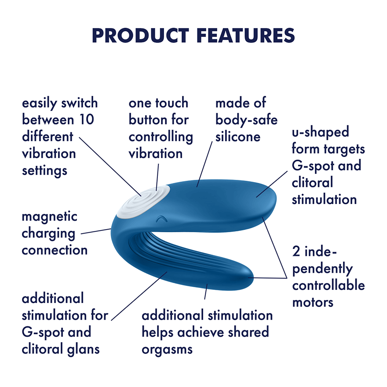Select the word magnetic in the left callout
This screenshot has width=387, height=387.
pos(50,216)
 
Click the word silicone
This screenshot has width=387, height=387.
pos(238,136)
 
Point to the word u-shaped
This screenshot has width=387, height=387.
pos(320,132)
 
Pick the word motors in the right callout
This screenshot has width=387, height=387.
pos(313,302)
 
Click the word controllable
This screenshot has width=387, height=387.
pos(329,285)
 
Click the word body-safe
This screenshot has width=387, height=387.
pos(246,120)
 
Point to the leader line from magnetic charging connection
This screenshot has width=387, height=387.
pos(96,231)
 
